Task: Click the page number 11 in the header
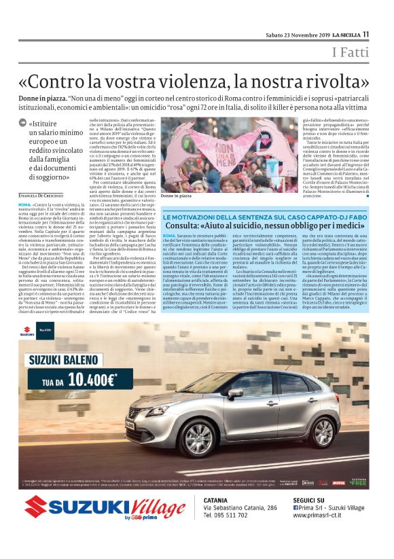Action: (365, 34)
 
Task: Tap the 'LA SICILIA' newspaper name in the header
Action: (341, 35)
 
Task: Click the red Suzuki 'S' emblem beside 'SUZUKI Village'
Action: (35, 506)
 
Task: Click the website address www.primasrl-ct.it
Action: (327, 515)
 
